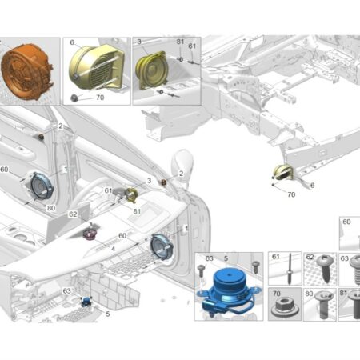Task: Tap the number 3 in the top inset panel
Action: (139, 42)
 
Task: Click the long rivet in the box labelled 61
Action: (290, 269)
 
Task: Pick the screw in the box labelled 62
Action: (326, 267)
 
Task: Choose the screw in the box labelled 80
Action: (323, 303)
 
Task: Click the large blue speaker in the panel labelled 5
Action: (227, 291)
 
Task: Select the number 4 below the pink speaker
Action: (113, 249)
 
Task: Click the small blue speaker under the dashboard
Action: (86, 302)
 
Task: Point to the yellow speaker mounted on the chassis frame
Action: (284, 172)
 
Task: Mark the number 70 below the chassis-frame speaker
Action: (291, 194)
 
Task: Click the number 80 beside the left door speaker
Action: (51, 208)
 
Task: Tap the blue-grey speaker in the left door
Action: (42, 186)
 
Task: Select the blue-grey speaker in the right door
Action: (162, 246)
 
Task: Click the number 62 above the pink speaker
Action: (73, 214)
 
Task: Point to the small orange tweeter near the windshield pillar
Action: (163, 182)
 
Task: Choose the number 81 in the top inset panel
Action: (181, 42)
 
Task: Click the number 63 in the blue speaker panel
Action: (210, 258)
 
